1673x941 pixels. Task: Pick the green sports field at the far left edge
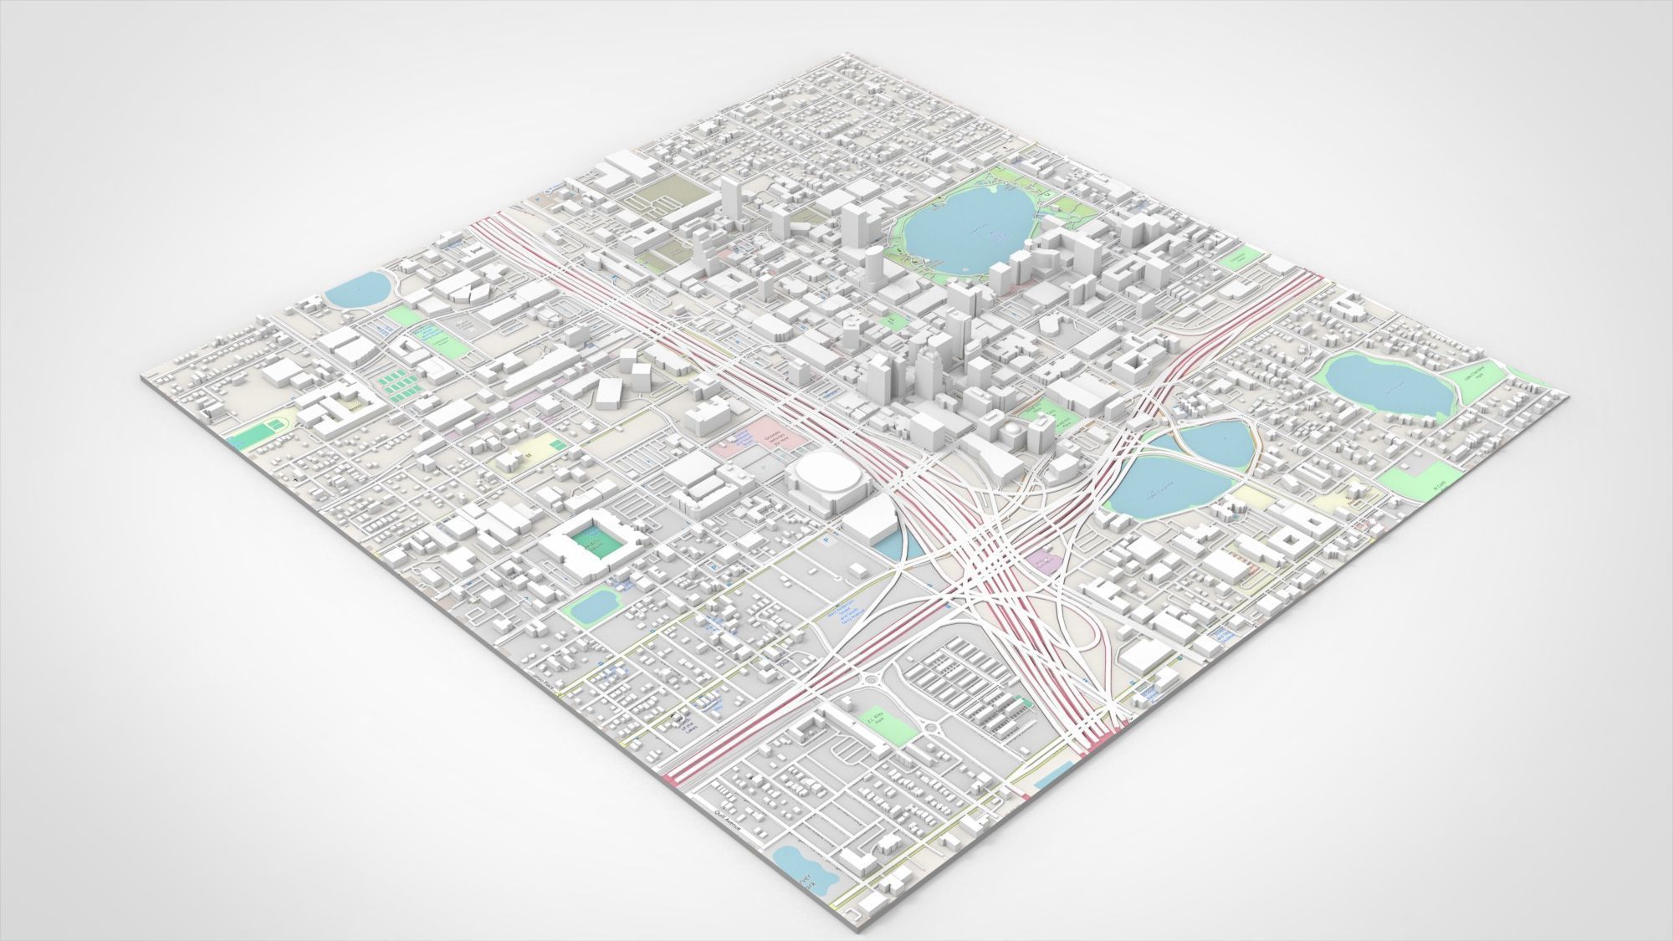pyautogui.click(x=261, y=432)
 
